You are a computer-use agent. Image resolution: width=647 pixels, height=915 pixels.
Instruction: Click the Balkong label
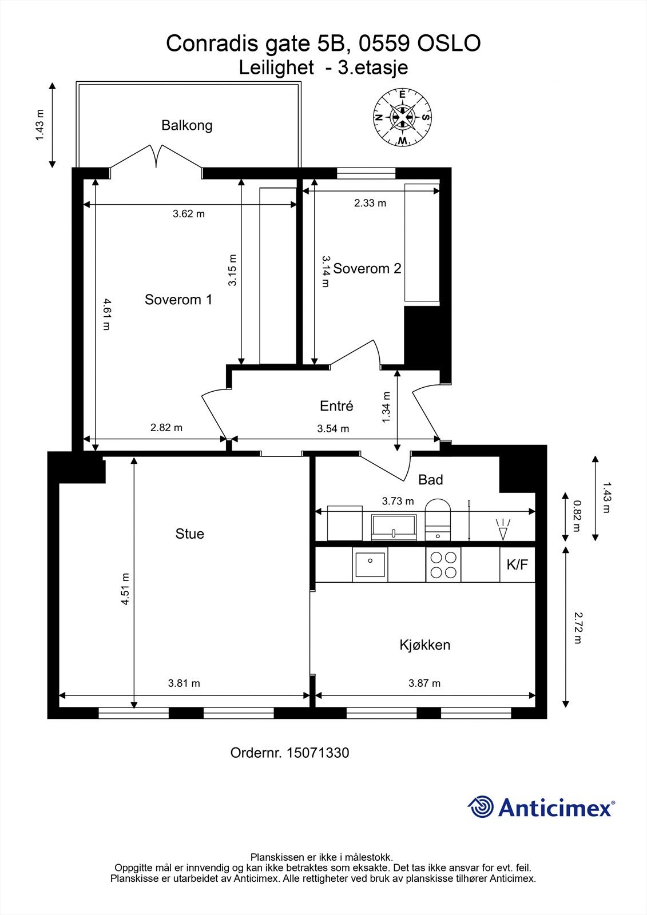pos(186,125)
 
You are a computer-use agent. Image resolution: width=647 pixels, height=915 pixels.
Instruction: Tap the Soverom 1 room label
pos(178,300)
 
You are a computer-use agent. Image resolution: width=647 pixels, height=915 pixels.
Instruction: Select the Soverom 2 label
pos(367,268)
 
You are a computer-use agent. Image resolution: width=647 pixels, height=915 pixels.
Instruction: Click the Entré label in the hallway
pos(336,406)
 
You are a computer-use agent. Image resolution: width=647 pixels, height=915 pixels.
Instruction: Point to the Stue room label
pos(189,534)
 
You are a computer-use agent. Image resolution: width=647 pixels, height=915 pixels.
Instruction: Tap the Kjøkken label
pos(424,645)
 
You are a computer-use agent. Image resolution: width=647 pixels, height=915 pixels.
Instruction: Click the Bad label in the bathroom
pos(430,480)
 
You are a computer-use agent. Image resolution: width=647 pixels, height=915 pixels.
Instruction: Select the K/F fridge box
pos(517,565)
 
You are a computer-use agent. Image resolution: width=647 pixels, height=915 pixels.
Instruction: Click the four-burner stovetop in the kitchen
pos(443,565)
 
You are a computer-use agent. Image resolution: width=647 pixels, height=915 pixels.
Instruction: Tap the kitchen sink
pos(370,565)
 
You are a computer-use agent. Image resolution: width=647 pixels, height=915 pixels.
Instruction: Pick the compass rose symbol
pos(402,117)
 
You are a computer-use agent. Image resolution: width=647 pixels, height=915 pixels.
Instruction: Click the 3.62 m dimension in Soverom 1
pos(189,214)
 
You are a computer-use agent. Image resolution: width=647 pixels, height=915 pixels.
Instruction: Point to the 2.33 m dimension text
pos(370,203)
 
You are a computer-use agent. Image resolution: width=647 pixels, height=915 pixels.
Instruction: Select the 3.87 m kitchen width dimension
pos(424,683)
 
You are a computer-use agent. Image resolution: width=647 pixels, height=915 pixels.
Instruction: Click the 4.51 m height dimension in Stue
pos(125,589)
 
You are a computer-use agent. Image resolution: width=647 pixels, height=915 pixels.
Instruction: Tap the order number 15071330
pos(317,753)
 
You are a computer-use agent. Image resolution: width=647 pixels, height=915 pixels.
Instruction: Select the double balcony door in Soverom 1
pos(156,156)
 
